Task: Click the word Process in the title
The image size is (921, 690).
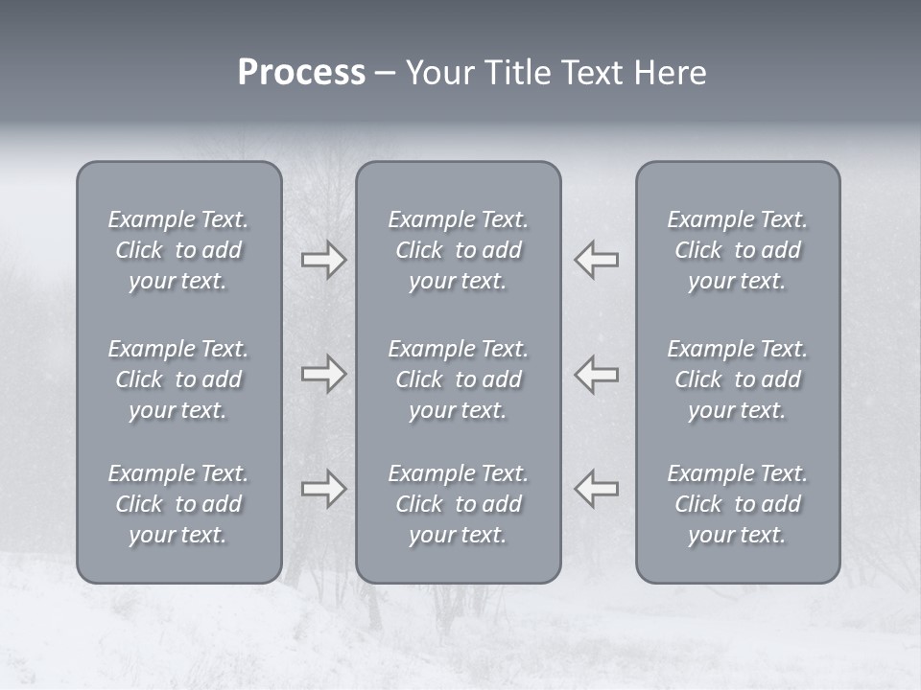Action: (301, 73)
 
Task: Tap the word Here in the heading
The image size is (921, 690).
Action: (671, 73)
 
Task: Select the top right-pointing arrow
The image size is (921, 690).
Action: (323, 260)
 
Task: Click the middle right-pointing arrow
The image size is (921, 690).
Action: (323, 374)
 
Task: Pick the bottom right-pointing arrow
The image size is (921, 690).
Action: (323, 489)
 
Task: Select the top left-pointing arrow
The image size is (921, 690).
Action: (597, 260)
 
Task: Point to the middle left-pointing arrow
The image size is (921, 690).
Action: (597, 374)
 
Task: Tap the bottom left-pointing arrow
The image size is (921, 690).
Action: (597, 489)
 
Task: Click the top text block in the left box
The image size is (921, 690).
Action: (178, 250)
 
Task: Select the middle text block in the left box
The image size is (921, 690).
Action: (178, 379)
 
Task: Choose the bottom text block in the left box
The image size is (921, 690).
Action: (178, 504)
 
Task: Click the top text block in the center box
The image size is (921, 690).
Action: (458, 250)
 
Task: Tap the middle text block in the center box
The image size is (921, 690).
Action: (458, 379)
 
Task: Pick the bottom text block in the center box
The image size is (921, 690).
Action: (458, 504)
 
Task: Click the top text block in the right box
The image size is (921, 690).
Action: (738, 250)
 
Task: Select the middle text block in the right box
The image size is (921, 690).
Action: (738, 379)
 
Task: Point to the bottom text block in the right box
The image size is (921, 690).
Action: (738, 504)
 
